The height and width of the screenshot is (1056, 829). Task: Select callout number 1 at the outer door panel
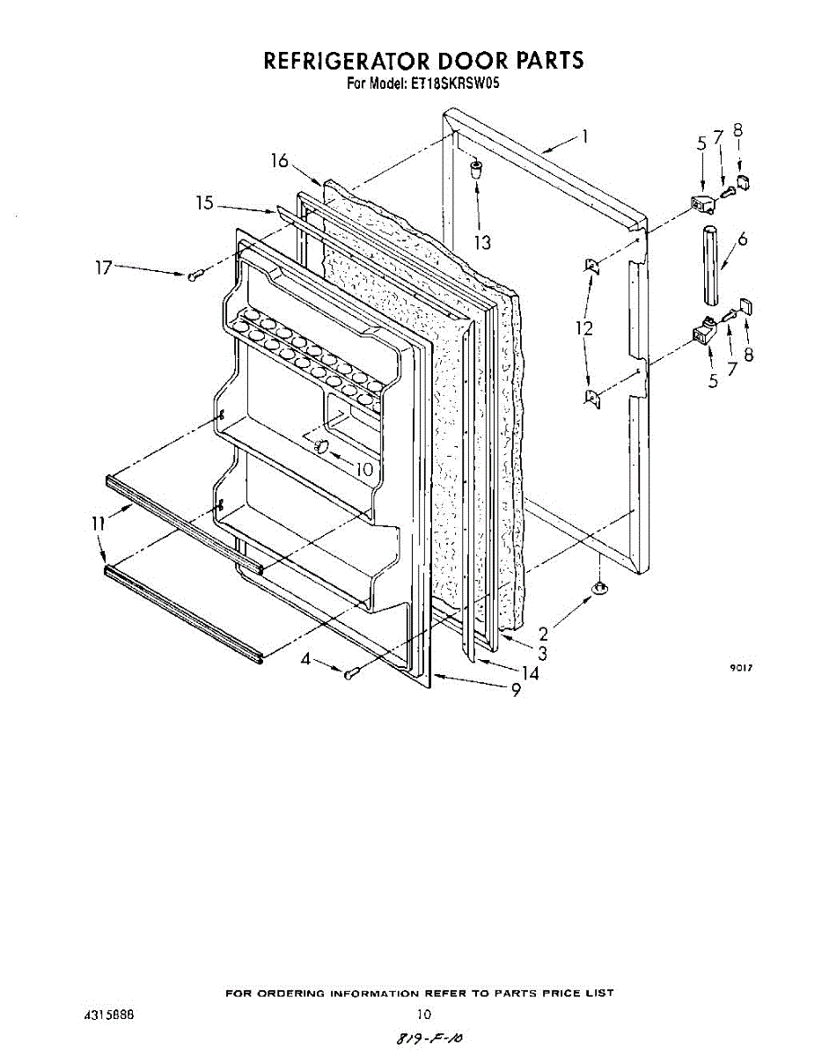coord(584,136)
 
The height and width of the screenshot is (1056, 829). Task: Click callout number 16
coord(279,161)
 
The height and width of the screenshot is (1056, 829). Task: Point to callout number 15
coord(204,203)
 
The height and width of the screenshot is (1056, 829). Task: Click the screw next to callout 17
coord(194,276)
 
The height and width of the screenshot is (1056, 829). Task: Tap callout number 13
coord(482,241)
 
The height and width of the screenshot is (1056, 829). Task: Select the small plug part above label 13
coord(475,168)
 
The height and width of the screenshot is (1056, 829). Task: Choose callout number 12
coord(583,328)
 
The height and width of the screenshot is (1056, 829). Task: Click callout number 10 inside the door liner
coord(364,469)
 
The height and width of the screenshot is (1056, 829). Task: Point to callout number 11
coord(99,524)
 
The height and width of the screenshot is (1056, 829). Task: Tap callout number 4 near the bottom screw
coord(304,659)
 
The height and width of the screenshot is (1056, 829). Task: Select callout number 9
coord(517,690)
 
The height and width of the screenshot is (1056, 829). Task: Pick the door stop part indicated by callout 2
coord(598,588)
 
